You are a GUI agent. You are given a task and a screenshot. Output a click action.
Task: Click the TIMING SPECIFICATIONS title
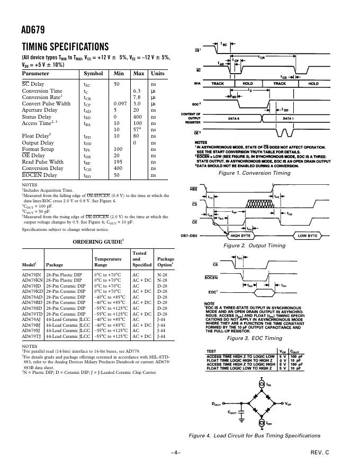pos(65,47)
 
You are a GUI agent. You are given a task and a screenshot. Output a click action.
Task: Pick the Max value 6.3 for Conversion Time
pos(137,91)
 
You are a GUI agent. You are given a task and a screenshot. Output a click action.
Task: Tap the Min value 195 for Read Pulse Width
pos(118,162)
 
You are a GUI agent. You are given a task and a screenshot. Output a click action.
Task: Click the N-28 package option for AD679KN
pos(162,281)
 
